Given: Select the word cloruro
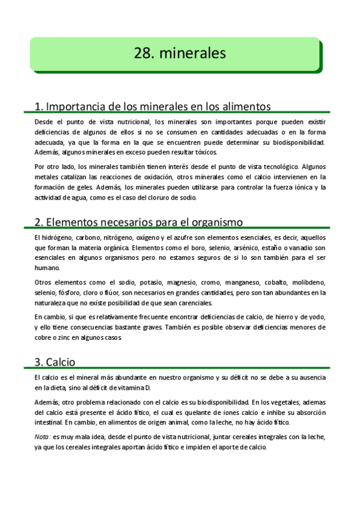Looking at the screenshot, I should pos(166,197).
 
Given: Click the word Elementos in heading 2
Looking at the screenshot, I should pos(73,222).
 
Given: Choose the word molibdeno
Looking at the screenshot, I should pos(311,282).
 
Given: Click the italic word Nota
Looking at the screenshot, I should pos(42,437).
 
